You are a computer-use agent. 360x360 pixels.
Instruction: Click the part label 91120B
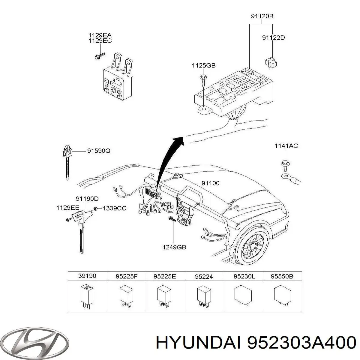(262, 17)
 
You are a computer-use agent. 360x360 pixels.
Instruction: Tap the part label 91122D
(273, 38)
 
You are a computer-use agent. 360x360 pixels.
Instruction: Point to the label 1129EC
(100, 41)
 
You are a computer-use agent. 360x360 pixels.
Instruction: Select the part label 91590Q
(99, 151)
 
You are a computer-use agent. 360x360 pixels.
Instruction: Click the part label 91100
(210, 183)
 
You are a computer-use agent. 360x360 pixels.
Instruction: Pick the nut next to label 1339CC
(95, 208)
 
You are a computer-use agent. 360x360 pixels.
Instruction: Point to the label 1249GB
(174, 247)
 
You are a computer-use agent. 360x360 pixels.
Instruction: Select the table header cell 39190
(87, 276)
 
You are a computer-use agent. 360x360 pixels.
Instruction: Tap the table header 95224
(204, 276)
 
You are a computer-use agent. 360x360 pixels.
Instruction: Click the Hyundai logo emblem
(35, 342)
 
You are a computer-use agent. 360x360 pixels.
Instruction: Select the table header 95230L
(243, 276)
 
